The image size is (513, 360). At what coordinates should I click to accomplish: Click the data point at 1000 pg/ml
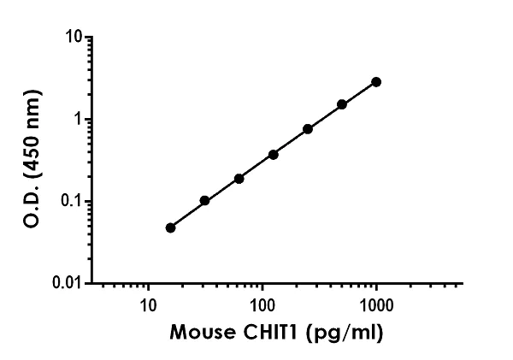pyautogui.click(x=376, y=82)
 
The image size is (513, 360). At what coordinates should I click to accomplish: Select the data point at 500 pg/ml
pyautogui.click(x=342, y=104)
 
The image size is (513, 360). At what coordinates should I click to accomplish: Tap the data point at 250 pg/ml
pyautogui.click(x=308, y=129)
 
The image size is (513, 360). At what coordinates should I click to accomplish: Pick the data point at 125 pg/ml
pyautogui.click(x=274, y=155)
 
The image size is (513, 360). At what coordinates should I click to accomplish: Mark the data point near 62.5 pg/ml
pyautogui.click(x=239, y=179)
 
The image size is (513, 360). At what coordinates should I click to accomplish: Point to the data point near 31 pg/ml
pyautogui.click(x=204, y=201)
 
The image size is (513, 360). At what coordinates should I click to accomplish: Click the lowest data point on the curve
pyautogui.click(x=170, y=227)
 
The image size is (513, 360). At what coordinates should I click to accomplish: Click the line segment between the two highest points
pyautogui.click(x=359, y=93)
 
